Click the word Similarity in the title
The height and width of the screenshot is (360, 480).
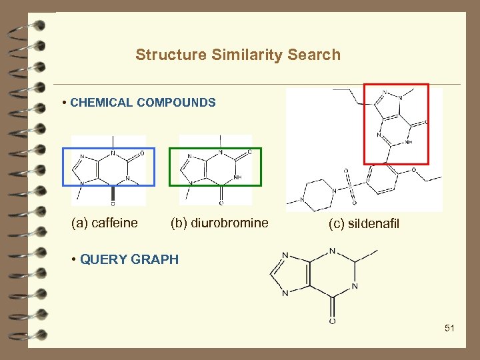click(x=248, y=55)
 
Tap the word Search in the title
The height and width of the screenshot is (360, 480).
click(x=314, y=55)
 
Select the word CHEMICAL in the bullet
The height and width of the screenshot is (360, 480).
click(x=101, y=103)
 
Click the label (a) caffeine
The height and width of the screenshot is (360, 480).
click(x=105, y=223)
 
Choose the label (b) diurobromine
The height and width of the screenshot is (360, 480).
click(x=219, y=223)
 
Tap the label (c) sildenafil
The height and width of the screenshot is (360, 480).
click(x=363, y=223)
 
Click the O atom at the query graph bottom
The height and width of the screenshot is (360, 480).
click(x=332, y=321)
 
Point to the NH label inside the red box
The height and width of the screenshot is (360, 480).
click(x=409, y=141)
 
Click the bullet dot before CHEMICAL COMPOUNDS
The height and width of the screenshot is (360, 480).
click(x=63, y=103)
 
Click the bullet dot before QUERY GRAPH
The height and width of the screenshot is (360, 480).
click(x=73, y=259)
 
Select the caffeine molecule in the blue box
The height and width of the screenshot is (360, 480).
click(x=109, y=167)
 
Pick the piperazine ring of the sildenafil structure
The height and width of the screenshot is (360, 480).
click(x=318, y=193)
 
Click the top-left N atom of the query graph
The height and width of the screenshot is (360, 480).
click(x=285, y=255)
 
